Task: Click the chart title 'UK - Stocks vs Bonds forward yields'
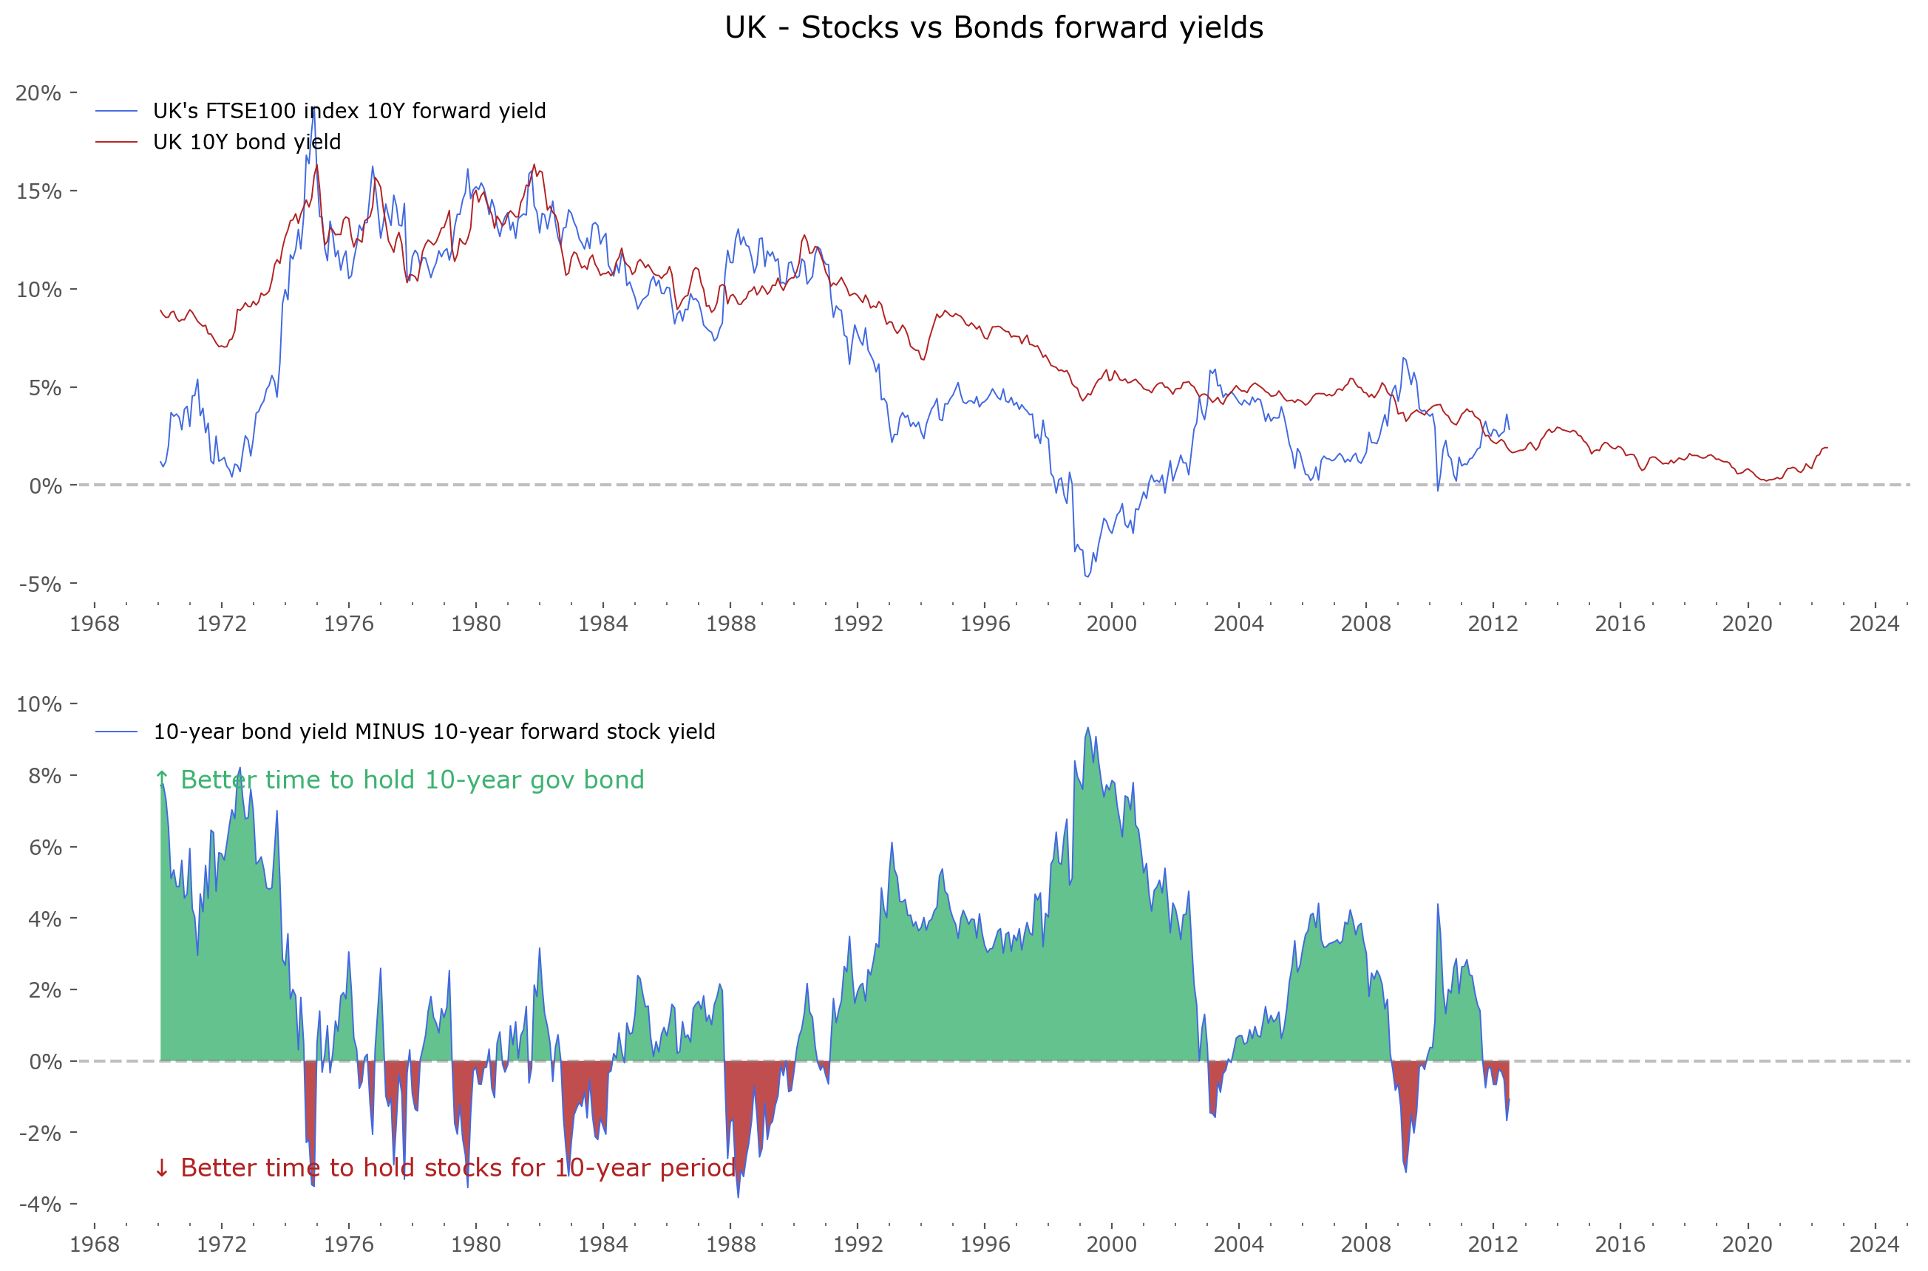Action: tap(993, 27)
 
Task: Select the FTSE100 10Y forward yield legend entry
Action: tap(349, 111)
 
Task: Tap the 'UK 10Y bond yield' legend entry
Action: tap(246, 142)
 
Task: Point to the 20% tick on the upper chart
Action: tap(38, 93)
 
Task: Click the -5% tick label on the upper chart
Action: tap(40, 585)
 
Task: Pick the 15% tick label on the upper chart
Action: tap(38, 191)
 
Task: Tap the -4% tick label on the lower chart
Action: tap(40, 1204)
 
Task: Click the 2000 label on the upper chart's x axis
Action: tap(1111, 624)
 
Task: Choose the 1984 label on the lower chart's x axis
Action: tap(602, 1244)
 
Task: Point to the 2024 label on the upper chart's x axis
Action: tap(1874, 624)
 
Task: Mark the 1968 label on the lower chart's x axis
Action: tap(94, 1244)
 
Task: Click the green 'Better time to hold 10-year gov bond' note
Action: tap(399, 780)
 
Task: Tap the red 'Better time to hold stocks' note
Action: tap(444, 1168)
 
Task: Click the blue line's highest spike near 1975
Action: tap(313, 108)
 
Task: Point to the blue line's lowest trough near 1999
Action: tap(1087, 576)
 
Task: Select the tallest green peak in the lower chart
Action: tap(1087, 728)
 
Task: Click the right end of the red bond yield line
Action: tap(1827, 448)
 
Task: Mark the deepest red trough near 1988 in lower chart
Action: tap(738, 1196)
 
